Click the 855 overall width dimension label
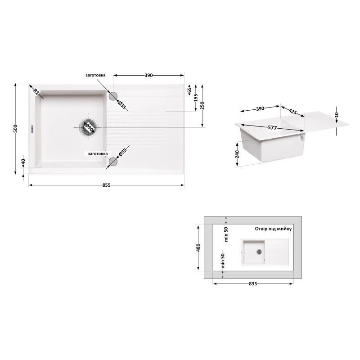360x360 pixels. [106, 185]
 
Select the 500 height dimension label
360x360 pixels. [15, 129]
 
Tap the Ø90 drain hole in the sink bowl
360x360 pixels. [89, 127]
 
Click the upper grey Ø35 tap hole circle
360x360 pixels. [113, 96]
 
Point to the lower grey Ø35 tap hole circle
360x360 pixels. [113, 162]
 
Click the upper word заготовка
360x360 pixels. [95, 75]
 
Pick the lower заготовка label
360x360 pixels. [98, 153]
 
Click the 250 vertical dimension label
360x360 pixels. [202, 105]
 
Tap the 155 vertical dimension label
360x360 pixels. [196, 98]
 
